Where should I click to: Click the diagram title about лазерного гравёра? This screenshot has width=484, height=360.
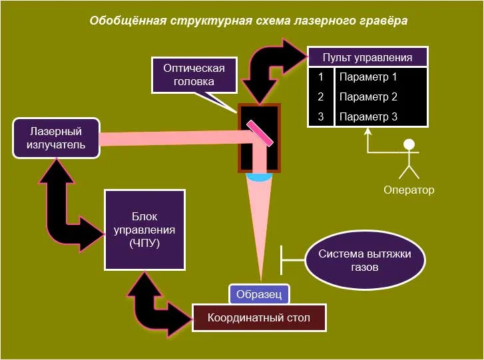pyautogui.click(x=248, y=21)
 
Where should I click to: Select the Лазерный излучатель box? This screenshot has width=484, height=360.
pyautogui.click(x=57, y=138)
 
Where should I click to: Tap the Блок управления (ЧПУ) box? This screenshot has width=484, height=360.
pyautogui.click(x=144, y=230)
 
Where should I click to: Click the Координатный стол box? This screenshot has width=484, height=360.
pyautogui.click(x=260, y=317)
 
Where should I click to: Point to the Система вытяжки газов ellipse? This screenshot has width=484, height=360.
pyautogui.click(x=365, y=262)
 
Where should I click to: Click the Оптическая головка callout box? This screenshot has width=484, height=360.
pyautogui.click(x=194, y=75)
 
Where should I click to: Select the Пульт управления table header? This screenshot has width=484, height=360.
pyautogui.click(x=367, y=57)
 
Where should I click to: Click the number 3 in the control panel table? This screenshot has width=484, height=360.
pyautogui.click(x=321, y=116)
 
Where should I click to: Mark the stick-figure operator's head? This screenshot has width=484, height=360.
pyautogui.click(x=409, y=144)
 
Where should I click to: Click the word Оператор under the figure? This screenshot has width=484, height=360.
pyautogui.click(x=409, y=190)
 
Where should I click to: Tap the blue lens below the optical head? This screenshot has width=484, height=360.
pyautogui.click(x=259, y=177)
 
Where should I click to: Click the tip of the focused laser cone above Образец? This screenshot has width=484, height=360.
pyautogui.click(x=260, y=279)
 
